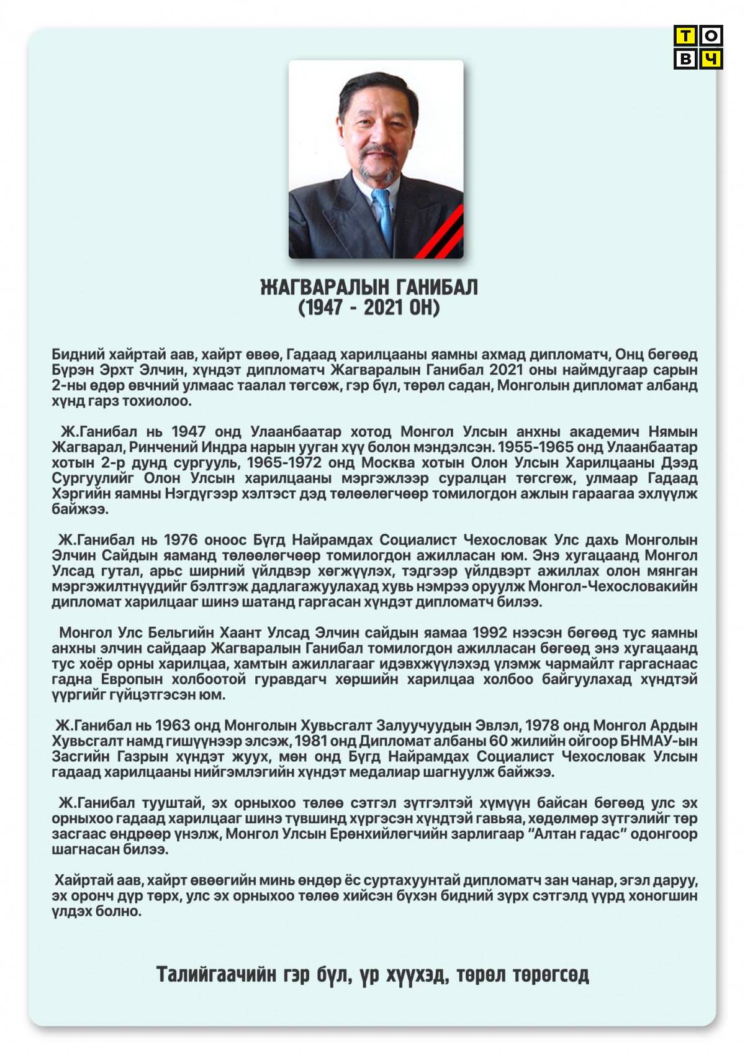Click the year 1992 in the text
[x=490, y=633]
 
